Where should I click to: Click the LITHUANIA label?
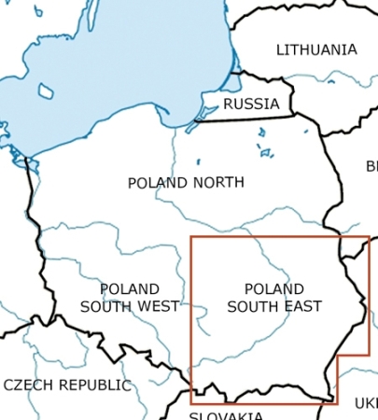click(x=316, y=49)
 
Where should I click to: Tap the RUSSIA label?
click(x=251, y=104)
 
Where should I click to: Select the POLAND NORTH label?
click(x=186, y=183)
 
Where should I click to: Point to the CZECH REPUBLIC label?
click(x=67, y=385)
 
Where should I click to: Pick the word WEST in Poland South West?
click(x=157, y=306)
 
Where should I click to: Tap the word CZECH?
click(x=29, y=385)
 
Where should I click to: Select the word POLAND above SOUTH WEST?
click(x=129, y=289)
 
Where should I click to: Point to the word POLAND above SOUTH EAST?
click(x=274, y=289)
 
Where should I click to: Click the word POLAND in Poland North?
click(x=156, y=183)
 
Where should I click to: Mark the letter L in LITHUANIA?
click(x=280, y=49)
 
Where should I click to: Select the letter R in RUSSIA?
click(x=229, y=104)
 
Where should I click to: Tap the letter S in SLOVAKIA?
click(x=194, y=414)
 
